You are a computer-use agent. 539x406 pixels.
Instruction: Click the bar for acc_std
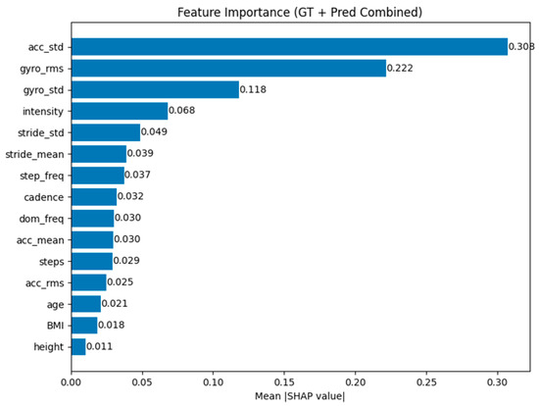[x=289, y=47]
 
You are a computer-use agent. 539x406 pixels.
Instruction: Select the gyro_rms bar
[x=228, y=68]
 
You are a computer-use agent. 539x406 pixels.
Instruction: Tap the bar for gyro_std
[x=155, y=90]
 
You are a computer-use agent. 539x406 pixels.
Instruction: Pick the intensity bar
[x=120, y=111]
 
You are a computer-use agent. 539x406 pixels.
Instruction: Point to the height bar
[x=78, y=347]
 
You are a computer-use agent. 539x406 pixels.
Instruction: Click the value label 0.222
[x=400, y=68]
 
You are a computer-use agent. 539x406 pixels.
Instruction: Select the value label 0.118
[x=253, y=90]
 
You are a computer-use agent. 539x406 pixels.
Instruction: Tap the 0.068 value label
[x=182, y=111]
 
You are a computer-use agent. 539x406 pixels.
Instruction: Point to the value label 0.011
[x=99, y=346]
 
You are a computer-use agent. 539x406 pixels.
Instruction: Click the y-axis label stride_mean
[x=34, y=155]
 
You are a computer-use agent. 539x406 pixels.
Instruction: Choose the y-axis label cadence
[x=44, y=197]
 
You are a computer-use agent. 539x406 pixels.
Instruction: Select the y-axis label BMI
[x=55, y=326]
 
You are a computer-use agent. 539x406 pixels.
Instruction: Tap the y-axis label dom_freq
[x=41, y=219]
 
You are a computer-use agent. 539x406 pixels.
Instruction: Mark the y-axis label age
[x=55, y=305]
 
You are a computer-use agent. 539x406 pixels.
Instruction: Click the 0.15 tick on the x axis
[x=284, y=382]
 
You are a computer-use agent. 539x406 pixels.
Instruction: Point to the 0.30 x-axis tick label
[x=498, y=382]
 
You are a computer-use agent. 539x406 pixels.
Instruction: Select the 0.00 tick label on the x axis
[x=72, y=382]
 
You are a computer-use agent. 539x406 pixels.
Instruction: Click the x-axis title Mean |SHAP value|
[x=300, y=396]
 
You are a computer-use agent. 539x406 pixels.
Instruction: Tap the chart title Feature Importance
[x=234, y=13]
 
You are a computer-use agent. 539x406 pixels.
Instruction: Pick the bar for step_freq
[x=98, y=176]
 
